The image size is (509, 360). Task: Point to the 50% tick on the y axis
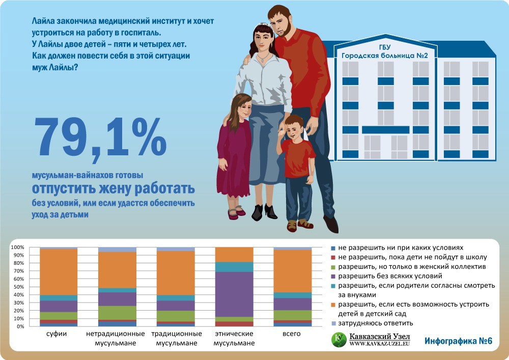click(18, 287)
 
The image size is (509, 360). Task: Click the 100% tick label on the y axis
click(17, 247)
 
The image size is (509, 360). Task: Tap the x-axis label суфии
click(59, 335)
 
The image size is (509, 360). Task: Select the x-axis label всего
click(292, 335)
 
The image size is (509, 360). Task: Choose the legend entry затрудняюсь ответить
click(377, 323)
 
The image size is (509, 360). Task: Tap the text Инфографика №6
click(458, 341)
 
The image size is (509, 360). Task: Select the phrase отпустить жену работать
click(113, 188)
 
